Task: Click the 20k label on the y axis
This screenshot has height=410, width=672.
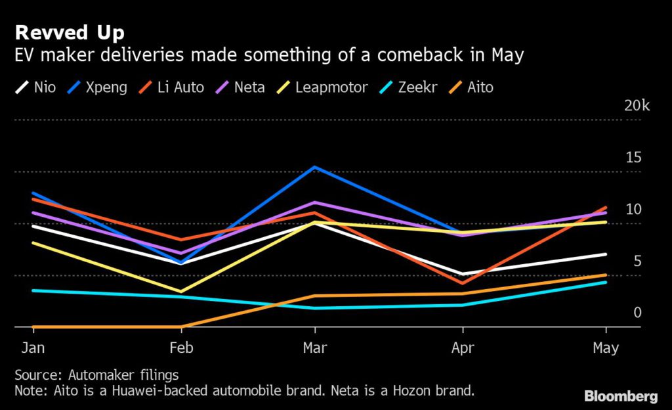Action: coord(637,106)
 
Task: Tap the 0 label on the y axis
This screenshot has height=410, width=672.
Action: coord(637,313)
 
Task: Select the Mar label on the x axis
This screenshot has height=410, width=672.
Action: coord(315,348)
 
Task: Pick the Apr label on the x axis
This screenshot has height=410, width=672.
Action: coord(463,348)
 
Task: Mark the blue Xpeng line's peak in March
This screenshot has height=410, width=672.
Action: coord(315,167)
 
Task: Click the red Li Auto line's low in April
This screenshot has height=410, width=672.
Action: coord(463,284)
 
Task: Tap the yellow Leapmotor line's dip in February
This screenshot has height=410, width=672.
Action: coord(181,291)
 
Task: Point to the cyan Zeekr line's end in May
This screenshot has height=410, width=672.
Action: coord(606,282)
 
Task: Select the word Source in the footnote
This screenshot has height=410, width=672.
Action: coord(37,375)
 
